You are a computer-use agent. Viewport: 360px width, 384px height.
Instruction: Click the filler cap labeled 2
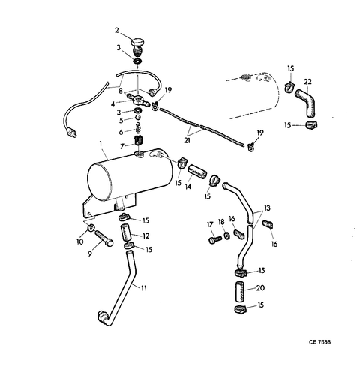(x=138, y=46)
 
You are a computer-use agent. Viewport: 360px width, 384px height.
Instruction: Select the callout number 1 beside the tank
(x=100, y=144)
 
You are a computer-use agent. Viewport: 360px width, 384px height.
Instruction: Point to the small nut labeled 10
(x=91, y=228)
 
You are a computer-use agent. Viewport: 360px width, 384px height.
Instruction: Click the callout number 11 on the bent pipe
(x=143, y=288)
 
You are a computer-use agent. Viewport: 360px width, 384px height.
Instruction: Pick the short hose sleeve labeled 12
(x=126, y=232)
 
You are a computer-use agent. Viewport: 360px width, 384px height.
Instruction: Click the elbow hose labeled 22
(x=305, y=103)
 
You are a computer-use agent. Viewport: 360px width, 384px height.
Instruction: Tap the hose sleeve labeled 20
(x=240, y=291)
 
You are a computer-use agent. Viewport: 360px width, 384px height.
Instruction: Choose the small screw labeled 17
(x=215, y=239)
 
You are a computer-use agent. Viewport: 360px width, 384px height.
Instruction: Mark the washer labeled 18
(x=227, y=235)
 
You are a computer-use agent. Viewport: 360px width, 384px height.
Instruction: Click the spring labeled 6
(x=138, y=129)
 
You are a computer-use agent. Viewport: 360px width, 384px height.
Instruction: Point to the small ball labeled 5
(x=137, y=118)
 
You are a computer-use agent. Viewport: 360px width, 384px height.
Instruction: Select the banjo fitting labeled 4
(x=138, y=100)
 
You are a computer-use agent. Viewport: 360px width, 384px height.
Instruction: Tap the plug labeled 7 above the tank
(x=138, y=141)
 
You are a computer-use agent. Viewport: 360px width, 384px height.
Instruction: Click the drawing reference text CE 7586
(x=319, y=342)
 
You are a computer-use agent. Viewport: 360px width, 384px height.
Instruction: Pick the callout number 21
(x=187, y=140)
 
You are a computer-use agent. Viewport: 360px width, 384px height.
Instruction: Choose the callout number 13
(x=267, y=208)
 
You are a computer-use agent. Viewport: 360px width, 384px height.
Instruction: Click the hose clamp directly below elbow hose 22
(x=311, y=124)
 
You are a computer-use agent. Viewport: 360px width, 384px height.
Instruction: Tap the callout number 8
(x=121, y=91)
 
